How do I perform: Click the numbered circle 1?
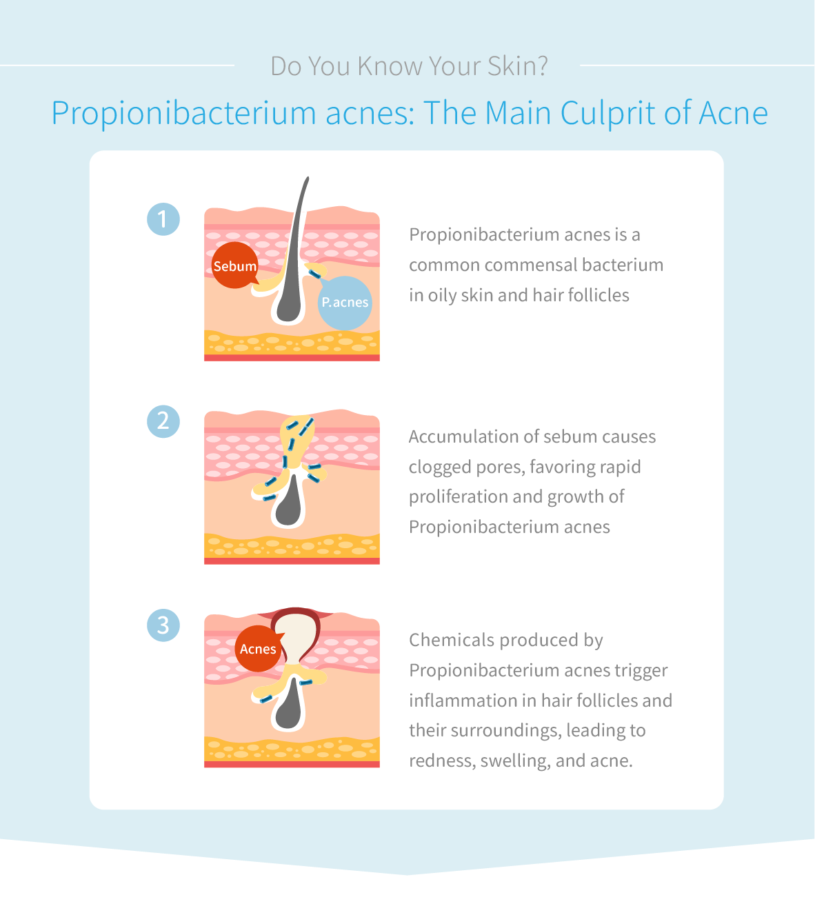click(163, 219)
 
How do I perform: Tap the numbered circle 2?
click(163, 421)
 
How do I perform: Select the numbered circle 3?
click(163, 625)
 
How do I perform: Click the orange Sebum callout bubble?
click(234, 265)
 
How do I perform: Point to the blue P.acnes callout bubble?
click(345, 303)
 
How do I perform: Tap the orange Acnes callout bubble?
click(258, 648)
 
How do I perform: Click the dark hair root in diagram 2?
click(289, 501)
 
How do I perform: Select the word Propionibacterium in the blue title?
click(183, 114)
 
